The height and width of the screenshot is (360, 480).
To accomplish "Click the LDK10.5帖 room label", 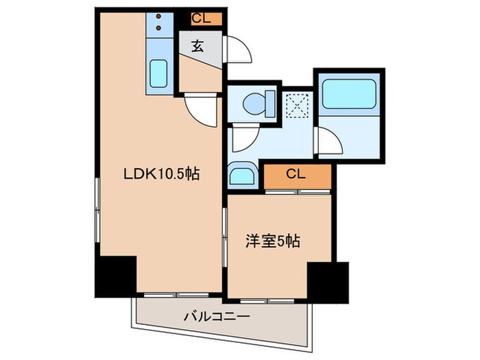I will coord(161,174).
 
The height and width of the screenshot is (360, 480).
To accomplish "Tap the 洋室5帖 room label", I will coord(272,241).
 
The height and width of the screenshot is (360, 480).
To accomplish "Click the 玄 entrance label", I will coord(197,47).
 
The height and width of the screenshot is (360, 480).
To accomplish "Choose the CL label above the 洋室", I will coord(296,175).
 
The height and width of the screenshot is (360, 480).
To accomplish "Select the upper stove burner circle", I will coord(159,16).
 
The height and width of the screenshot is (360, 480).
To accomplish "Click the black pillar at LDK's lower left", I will coord(115,275).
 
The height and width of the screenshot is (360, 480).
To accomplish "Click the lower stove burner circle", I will coord(159,28).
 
